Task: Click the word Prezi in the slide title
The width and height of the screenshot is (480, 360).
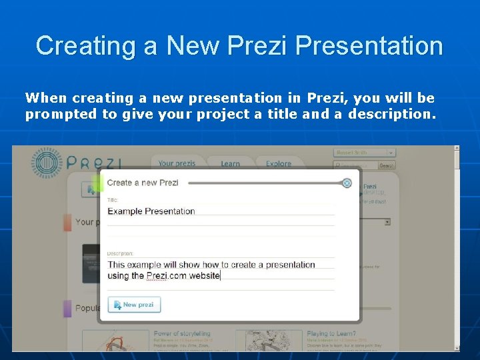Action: pos(257,46)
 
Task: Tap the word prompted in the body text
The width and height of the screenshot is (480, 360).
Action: pos(61,114)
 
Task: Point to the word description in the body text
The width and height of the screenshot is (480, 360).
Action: pos(392,114)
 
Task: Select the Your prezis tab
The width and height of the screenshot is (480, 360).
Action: pos(177,163)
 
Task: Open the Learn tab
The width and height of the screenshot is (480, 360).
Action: pos(230,164)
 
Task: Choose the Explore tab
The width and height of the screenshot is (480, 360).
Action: pos(279,164)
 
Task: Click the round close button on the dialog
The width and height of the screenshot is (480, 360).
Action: pos(347,183)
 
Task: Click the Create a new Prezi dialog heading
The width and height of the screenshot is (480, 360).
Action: pos(143,183)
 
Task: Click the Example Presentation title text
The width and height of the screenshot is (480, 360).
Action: pos(151,211)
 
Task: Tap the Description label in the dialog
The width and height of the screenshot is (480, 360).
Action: pos(121,253)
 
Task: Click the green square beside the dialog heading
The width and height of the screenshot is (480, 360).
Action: pos(97,183)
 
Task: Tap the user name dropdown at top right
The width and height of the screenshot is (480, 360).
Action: pos(365,153)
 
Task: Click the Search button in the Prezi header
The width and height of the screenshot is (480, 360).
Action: pos(387,165)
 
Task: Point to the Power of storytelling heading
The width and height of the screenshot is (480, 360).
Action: pos(182,333)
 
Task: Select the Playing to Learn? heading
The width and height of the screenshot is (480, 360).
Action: pos(331,333)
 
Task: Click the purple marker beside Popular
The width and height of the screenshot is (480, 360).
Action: pos(67,308)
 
